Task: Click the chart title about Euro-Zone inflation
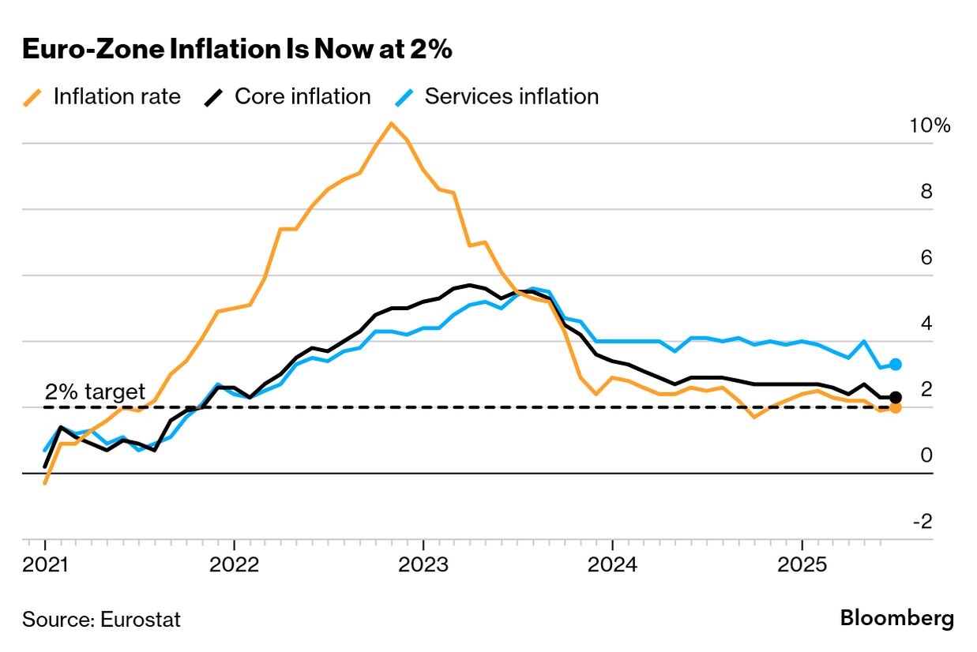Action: (237, 49)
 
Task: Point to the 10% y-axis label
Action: (930, 126)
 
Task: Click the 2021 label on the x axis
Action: (45, 566)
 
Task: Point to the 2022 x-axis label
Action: (234, 566)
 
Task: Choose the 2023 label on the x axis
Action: (423, 566)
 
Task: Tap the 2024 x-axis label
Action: (613, 566)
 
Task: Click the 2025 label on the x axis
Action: (802, 566)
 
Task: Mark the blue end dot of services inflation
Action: (896, 365)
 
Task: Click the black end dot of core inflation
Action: (896, 397)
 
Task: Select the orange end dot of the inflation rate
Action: (896, 407)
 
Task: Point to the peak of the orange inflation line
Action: (391, 123)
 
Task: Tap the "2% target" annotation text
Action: (95, 392)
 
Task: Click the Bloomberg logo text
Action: (896, 618)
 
